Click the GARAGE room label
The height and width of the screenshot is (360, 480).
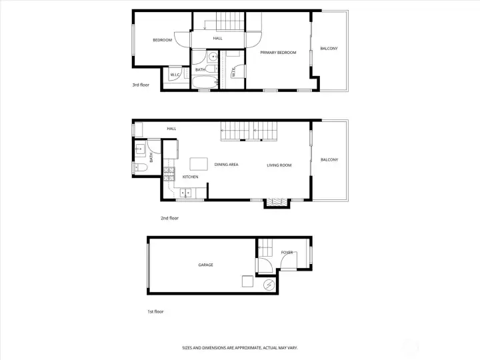coord(205,265)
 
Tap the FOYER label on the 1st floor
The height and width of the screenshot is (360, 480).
coord(287,253)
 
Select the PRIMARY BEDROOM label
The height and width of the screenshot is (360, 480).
coord(278,53)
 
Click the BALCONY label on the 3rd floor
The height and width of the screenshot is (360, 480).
coord(329,49)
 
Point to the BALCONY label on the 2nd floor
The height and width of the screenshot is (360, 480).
coord(329,160)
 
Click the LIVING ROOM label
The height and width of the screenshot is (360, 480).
coord(279,165)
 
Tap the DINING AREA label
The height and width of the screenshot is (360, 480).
coord(226,165)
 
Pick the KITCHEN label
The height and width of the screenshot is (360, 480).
coord(191,177)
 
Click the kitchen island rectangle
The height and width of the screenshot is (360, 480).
coord(199,164)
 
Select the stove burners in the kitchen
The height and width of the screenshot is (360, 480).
coord(169,174)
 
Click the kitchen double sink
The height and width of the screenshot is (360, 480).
coord(185,193)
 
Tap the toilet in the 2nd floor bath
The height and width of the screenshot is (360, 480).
coord(141,167)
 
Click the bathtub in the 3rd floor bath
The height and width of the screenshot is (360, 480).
coord(205,82)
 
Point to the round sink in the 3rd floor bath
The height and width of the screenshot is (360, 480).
coord(213,57)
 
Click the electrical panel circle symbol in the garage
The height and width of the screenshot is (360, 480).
coord(269,285)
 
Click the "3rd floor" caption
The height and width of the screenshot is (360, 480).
coord(141,85)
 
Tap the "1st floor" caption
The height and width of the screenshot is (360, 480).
coord(155,311)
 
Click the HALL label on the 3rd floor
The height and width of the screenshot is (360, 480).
coord(217,38)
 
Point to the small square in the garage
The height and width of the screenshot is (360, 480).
coord(247,281)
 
